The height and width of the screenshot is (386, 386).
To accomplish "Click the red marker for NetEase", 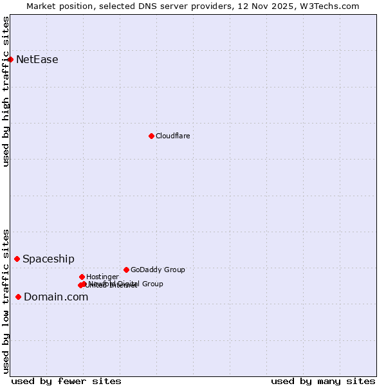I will pos(10,59).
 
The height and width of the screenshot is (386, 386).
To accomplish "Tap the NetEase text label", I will pos(37,60).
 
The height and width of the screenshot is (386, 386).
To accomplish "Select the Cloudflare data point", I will pos(151,136).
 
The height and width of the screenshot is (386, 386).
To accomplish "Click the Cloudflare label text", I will pos(172,136).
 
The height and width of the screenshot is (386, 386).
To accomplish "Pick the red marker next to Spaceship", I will pos(17,259).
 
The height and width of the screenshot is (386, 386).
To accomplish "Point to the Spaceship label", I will pos(48,259).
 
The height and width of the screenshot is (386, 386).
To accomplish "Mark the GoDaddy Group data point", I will pos(126,270).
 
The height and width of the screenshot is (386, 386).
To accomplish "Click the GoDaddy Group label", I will pos(158,270).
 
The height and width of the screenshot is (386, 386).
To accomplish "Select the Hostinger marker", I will pos(82,277).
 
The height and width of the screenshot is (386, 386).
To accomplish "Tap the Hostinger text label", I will pos(102,277).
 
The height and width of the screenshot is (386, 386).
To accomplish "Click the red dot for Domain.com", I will pos(18,297).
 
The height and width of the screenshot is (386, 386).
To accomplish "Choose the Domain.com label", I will pos(56,297).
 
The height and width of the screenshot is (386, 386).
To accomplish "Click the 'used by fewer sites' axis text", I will pos(66,381).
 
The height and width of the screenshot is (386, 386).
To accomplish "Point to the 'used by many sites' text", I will pos(323,381).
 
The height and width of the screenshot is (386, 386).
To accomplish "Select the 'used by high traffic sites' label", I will pos(6,91).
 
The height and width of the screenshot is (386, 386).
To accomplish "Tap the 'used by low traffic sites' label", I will pos(6,301).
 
